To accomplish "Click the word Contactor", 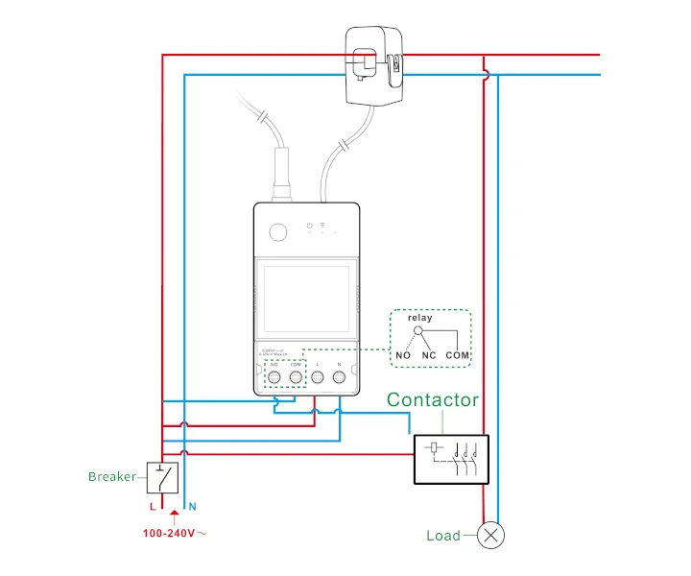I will click(x=432, y=400).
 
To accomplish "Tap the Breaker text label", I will click(x=112, y=476).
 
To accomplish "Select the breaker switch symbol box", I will click(x=161, y=477).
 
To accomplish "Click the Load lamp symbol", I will click(x=492, y=536).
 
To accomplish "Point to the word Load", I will click(x=443, y=536).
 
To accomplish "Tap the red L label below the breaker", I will click(x=152, y=505).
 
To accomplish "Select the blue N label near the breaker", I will click(x=192, y=505).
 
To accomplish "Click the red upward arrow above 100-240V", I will click(x=174, y=517).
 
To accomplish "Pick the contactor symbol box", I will click(x=451, y=459).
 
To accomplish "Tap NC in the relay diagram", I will click(x=429, y=355).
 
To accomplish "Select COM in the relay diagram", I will click(x=458, y=355).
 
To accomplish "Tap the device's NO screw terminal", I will click(x=274, y=378).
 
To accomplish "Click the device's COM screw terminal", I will click(x=296, y=378).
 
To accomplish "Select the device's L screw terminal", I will click(x=318, y=378).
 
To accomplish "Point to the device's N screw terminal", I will click(x=339, y=378).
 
